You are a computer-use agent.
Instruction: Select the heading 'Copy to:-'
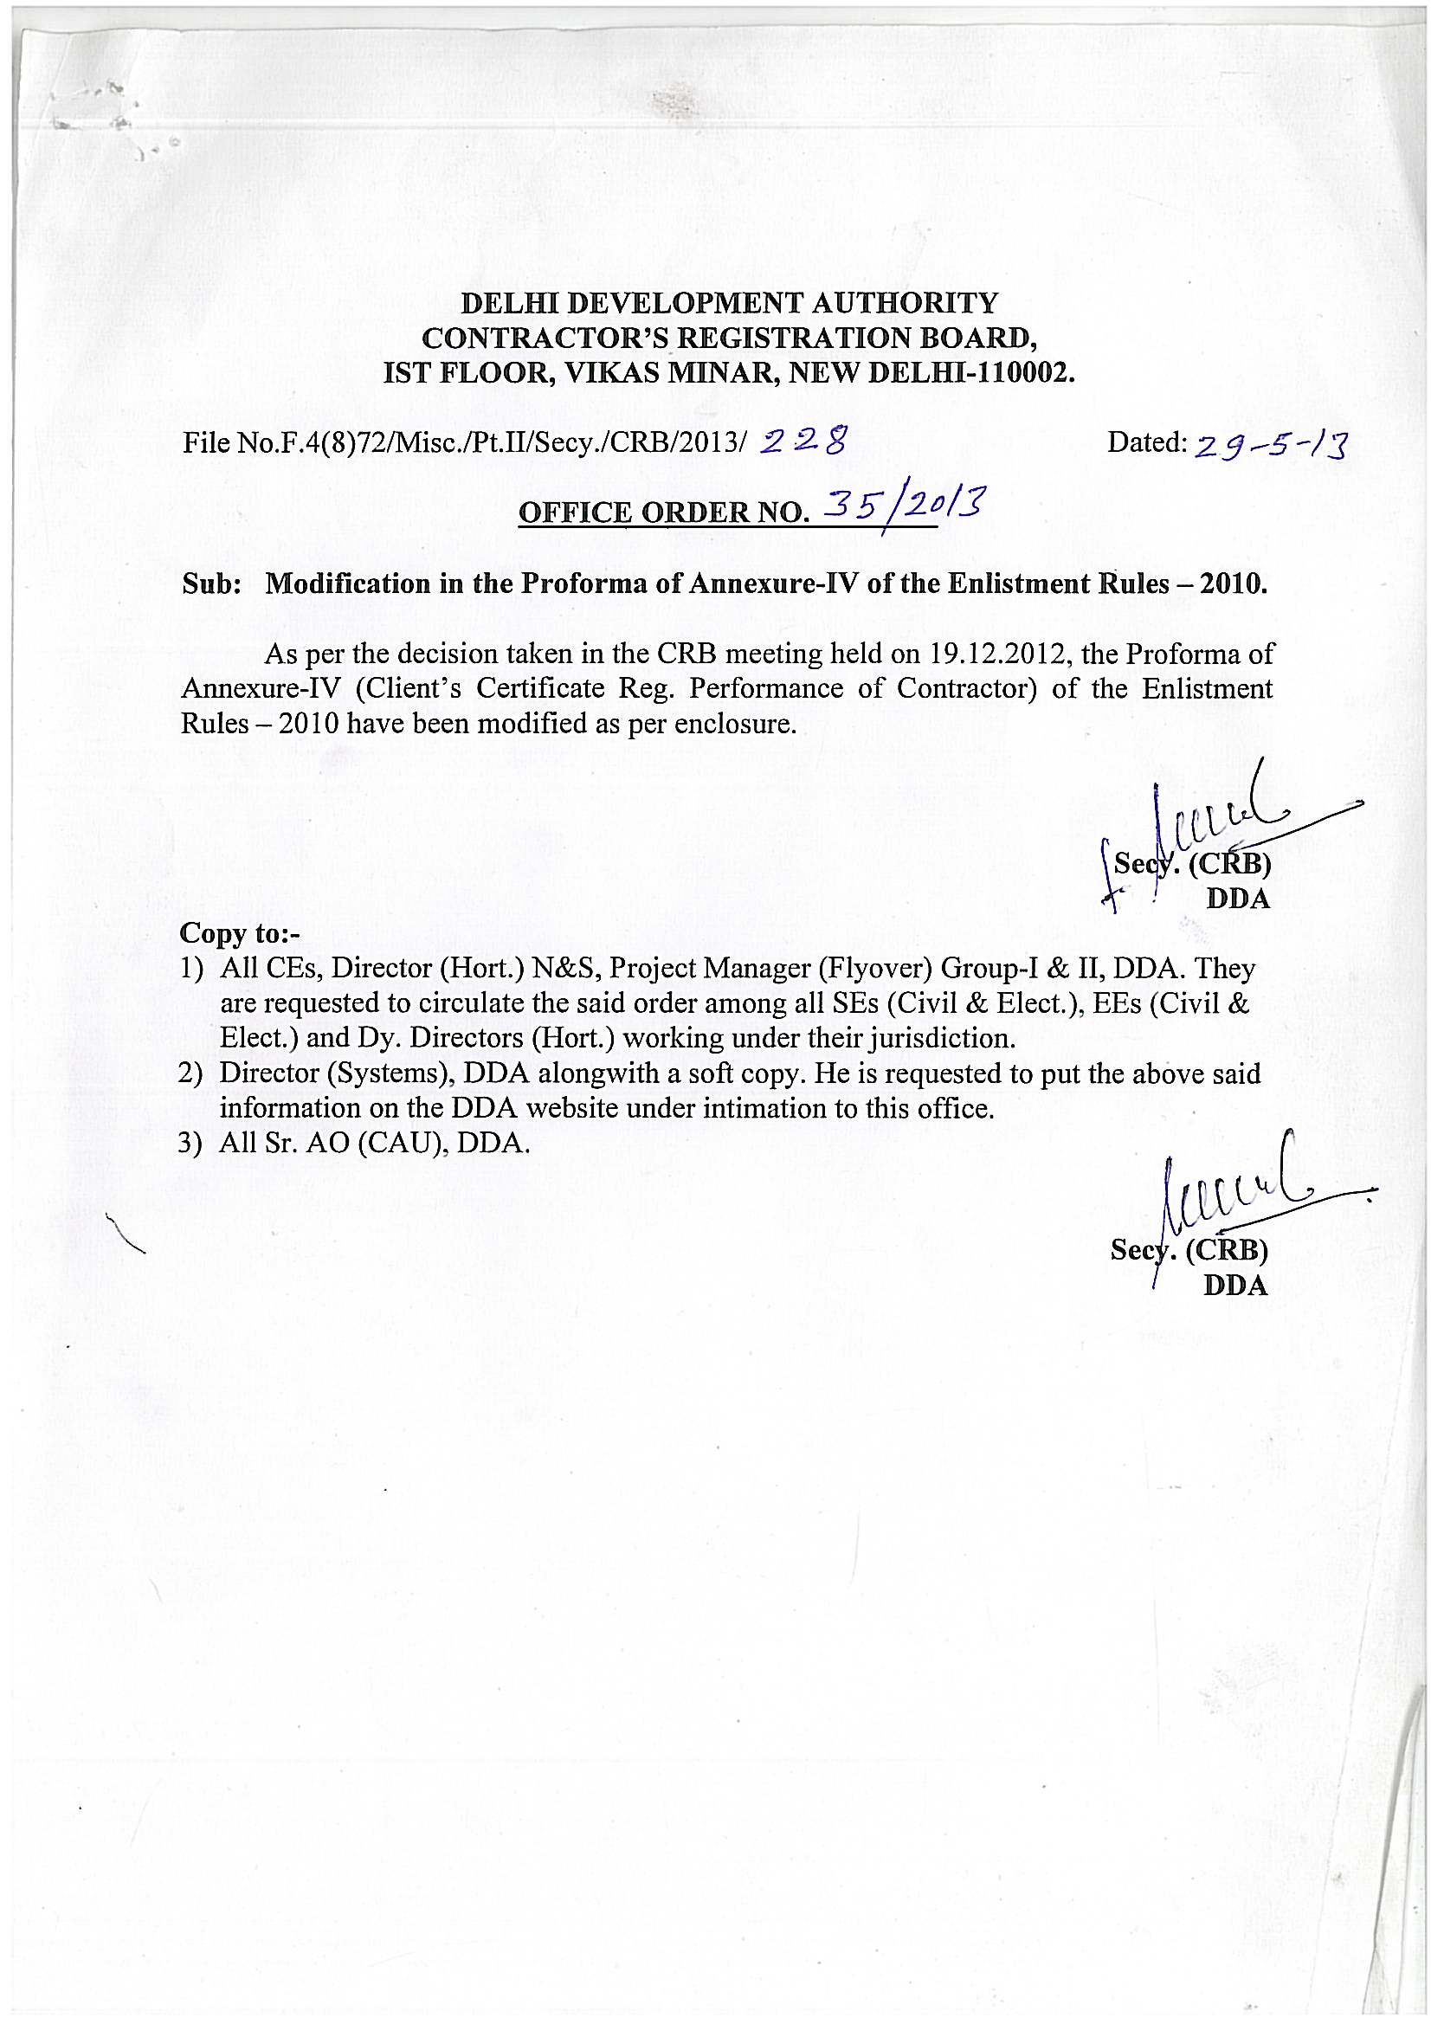coord(228,932)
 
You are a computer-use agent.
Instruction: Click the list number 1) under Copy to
coord(192,969)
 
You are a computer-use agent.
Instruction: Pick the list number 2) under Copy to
coord(192,1073)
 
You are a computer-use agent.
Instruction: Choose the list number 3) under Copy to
coord(192,1144)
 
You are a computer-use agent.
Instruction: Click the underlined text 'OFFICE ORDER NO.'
coord(663,512)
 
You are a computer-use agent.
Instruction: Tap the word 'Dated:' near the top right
coord(1147,442)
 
